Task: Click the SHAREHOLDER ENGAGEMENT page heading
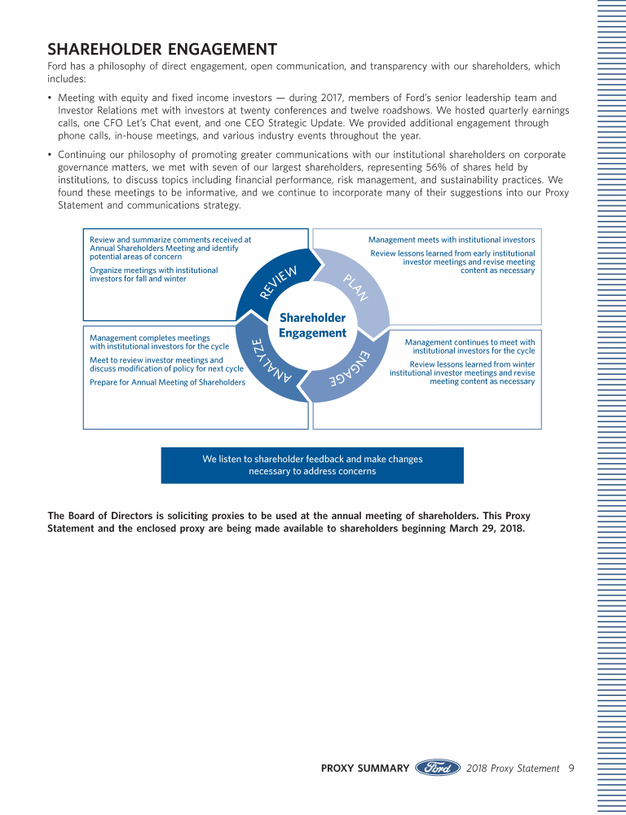pyautogui.click(x=162, y=50)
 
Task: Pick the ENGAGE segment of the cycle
pyautogui.click(x=350, y=371)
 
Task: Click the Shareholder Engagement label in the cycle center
pyautogui.click(x=312, y=325)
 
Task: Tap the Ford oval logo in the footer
pyautogui.click(x=439, y=768)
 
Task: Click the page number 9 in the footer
pyautogui.click(x=571, y=768)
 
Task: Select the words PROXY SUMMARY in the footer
pyautogui.click(x=364, y=768)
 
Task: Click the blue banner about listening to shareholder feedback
pyautogui.click(x=312, y=465)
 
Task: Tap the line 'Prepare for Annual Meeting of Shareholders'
pyautogui.click(x=167, y=382)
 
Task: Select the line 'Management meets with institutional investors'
pyautogui.click(x=452, y=240)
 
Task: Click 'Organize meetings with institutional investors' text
pyautogui.click(x=153, y=275)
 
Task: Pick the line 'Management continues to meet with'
pyautogui.click(x=469, y=342)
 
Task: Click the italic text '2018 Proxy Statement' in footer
pyautogui.click(x=514, y=768)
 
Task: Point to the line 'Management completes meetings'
pyautogui.click(x=149, y=337)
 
